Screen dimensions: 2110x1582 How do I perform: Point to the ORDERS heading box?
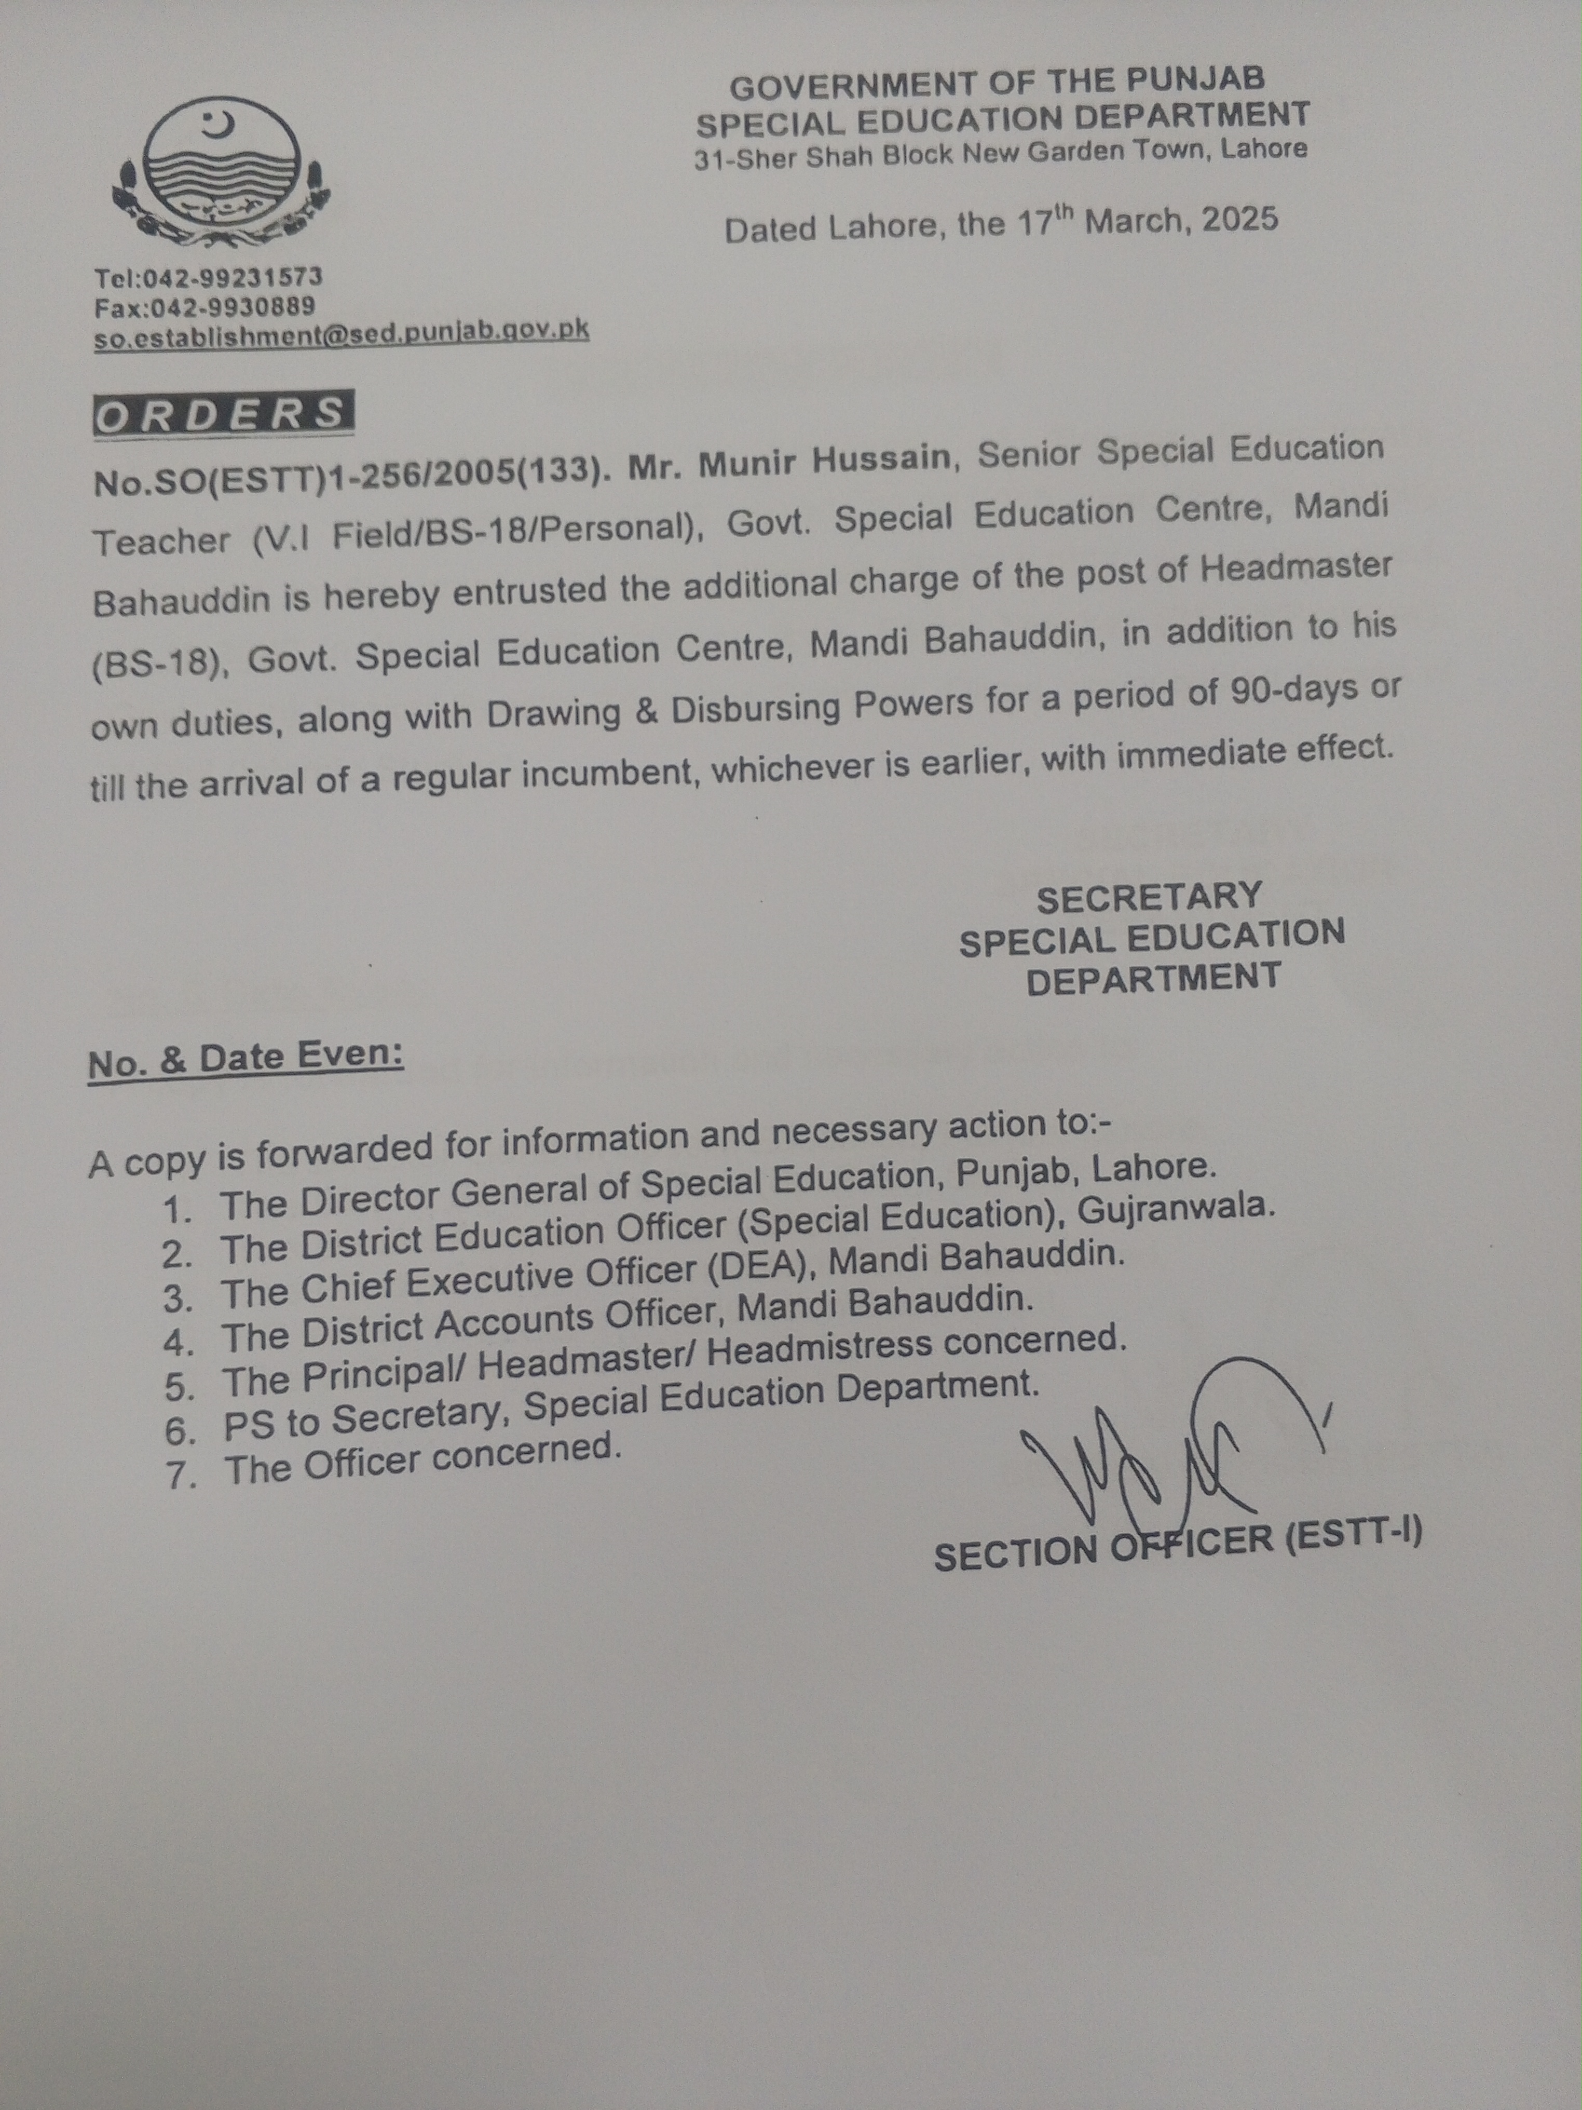pyautogui.click(x=222, y=414)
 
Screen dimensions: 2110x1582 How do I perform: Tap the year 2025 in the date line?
pyautogui.click(x=1239, y=220)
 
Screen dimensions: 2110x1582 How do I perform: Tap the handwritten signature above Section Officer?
pyautogui.click(x=1173, y=1450)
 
